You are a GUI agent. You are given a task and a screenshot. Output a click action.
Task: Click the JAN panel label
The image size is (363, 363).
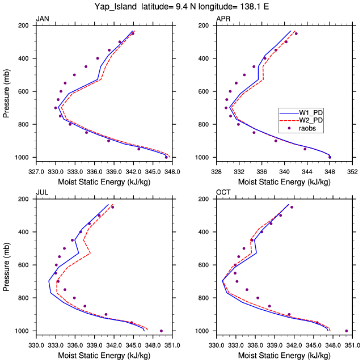(x=42, y=20)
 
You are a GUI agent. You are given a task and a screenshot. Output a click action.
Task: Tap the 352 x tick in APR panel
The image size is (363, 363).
(x=352, y=171)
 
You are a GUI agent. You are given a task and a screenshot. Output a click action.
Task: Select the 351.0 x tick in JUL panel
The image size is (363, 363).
(x=172, y=344)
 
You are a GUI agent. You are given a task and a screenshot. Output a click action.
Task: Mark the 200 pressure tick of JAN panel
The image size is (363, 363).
(x=24, y=26)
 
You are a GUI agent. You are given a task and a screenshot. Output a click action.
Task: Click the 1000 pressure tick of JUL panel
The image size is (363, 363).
(x=23, y=331)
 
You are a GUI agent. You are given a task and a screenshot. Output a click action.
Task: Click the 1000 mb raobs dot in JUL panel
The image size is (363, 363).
(x=161, y=331)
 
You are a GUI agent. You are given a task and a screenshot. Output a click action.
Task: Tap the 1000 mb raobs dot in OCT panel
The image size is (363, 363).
(x=347, y=331)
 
